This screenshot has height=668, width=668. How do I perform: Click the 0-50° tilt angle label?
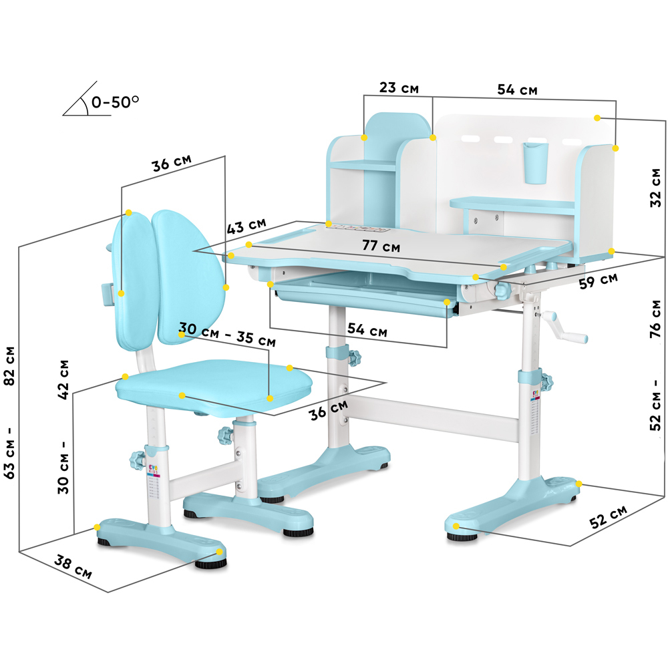tap(115, 102)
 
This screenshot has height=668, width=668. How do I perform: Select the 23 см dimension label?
tap(399, 88)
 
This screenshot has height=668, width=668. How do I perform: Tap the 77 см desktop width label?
tap(381, 246)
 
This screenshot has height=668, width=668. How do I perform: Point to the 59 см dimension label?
tap(598, 281)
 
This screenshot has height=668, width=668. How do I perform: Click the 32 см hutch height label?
tap(656, 188)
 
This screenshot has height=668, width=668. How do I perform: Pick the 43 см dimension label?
tap(246, 226)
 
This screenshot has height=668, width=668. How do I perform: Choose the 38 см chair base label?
tap(73, 567)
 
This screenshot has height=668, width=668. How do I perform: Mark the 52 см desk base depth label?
tap(608, 517)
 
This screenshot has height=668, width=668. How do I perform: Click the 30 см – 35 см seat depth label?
tap(227, 334)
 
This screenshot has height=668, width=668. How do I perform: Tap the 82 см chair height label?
tap(9, 366)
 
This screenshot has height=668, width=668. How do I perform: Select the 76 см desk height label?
tap(656, 319)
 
